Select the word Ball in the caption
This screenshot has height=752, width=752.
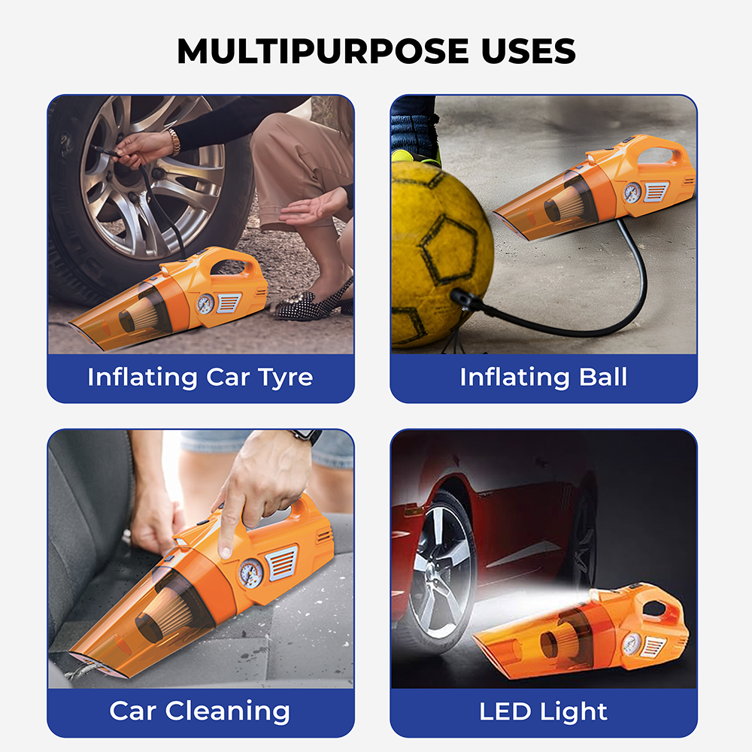[599, 376]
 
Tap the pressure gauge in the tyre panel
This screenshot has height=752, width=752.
[205, 303]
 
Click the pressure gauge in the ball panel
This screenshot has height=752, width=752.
[632, 191]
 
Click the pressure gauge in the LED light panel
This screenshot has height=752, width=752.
[631, 643]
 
